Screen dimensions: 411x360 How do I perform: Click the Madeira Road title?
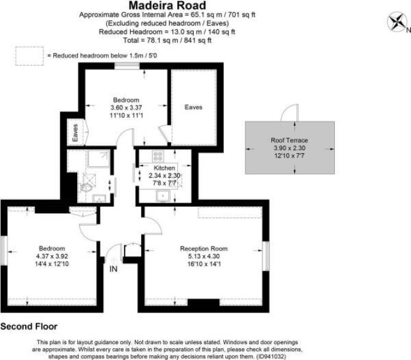point(167,6)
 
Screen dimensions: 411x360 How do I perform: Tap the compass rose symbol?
point(396,23)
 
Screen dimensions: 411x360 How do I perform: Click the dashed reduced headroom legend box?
point(29,56)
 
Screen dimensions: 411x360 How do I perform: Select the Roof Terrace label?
point(289,140)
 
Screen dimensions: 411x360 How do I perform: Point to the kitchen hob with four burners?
point(158,156)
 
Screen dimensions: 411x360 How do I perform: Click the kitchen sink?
point(163,196)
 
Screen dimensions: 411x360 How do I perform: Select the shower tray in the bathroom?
point(99,158)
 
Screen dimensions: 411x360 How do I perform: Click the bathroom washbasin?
point(99,198)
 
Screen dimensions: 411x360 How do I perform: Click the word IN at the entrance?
point(113,269)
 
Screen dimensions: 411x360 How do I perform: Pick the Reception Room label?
point(204,248)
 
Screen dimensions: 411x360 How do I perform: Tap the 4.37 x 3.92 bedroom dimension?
point(52,256)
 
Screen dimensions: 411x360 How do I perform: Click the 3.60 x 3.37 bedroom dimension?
point(126,108)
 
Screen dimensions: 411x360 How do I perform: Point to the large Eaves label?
point(193,107)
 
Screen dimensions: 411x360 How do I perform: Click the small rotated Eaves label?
point(75,133)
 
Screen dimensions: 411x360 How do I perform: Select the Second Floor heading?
point(29,326)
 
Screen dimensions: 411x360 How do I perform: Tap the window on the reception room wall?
point(266,256)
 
